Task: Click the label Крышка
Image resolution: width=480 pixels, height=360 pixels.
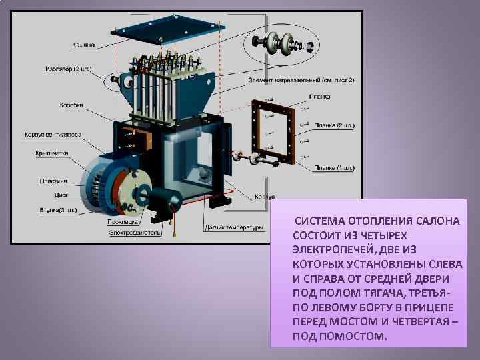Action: [x=85, y=45]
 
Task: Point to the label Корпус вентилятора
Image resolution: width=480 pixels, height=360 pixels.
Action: [x=53, y=134]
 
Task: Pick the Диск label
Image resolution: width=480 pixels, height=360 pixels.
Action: [x=62, y=196]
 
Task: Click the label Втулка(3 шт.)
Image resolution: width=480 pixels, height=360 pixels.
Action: [x=59, y=210]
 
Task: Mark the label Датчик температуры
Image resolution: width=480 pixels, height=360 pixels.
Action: [x=233, y=227]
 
